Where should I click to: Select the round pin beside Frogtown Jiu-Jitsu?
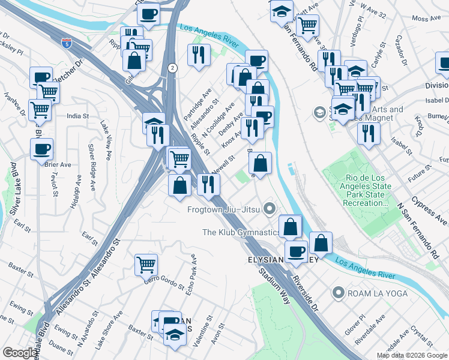[270, 209]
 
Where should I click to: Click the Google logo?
[20, 353]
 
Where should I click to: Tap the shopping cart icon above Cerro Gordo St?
[146, 263]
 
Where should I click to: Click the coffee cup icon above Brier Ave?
[41, 149]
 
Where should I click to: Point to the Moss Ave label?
[425, 19]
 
